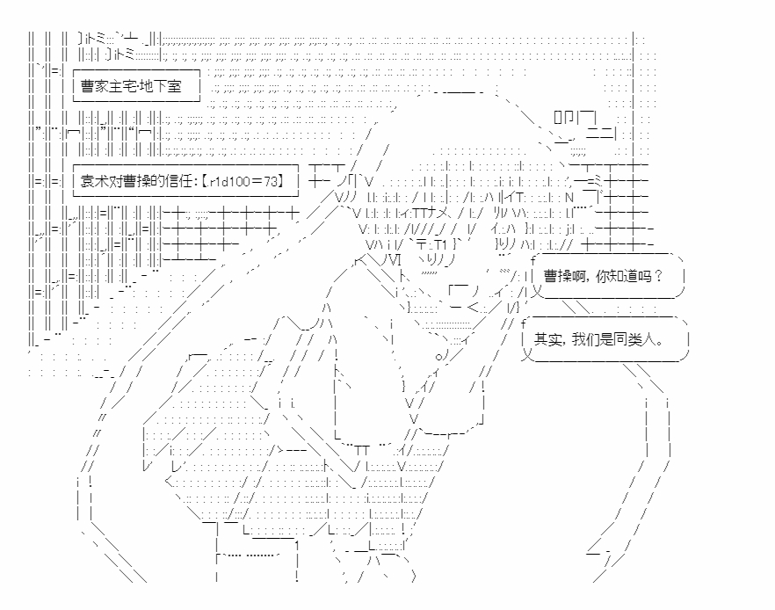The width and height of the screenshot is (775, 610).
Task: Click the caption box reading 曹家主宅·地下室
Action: click(136, 85)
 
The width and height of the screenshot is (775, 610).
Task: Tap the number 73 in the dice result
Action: click(271, 181)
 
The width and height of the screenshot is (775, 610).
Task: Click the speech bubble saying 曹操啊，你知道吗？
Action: click(608, 276)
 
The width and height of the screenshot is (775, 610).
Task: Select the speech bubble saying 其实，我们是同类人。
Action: click(605, 339)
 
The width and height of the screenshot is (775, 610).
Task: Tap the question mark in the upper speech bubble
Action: click(657, 276)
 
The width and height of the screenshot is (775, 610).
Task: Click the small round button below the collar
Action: click(438, 355)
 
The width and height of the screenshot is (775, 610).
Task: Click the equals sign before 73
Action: click(257, 181)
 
